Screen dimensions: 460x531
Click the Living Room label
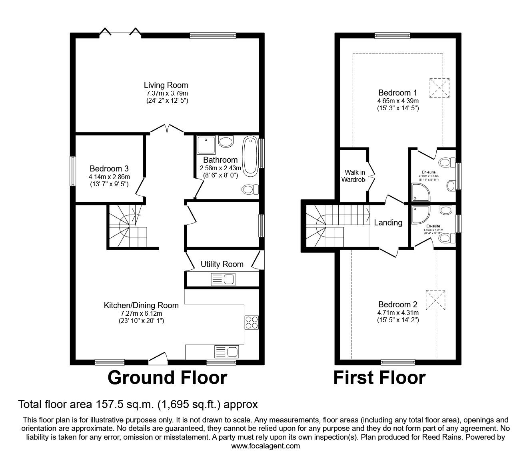(x=166, y=85)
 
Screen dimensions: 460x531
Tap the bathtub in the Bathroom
(x=251, y=156)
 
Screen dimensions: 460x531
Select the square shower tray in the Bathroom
(x=206, y=145)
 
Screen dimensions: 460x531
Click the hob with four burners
(x=252, y=322)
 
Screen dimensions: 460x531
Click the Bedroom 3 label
(x=109, y=169)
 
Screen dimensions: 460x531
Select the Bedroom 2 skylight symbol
(x=435, y=300)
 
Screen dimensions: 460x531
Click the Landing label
(x=388, y=223)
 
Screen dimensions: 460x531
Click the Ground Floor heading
(x=167, y=378)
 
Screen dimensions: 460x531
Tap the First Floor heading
(x=379, y=378)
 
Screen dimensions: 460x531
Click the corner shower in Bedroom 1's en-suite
(x=420, y=192)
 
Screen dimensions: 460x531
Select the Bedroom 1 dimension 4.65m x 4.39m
(x=397, y=101)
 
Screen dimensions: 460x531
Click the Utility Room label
(x=222, y=264)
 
